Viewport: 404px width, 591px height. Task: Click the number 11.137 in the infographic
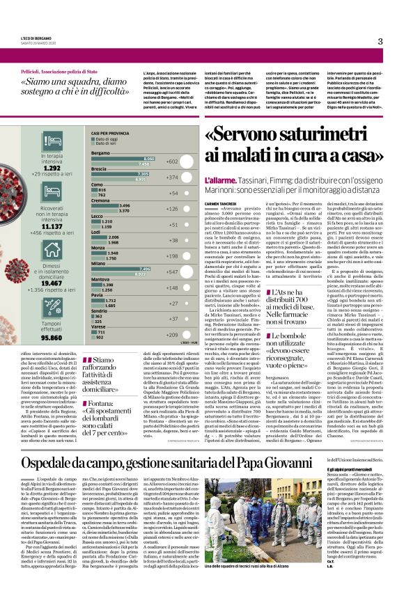tap(53, 226)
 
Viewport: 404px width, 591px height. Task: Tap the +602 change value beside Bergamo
tap(172, 161)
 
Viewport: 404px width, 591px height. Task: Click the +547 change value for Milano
tap(172, 272)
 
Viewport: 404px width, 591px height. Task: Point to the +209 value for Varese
tap(172, 336)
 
